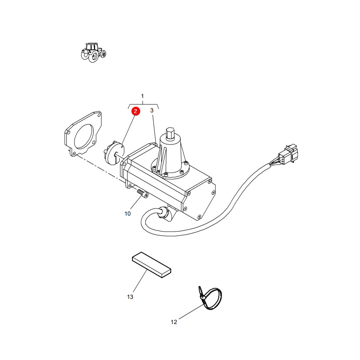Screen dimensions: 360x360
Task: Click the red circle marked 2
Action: tap(136, 111)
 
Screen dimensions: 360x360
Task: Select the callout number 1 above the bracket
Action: tap(142, 96)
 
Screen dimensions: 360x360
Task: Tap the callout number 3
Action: tap(152, 110)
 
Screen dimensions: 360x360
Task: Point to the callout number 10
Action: tap(128, 214)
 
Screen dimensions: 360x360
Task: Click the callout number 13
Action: tap(130, 297)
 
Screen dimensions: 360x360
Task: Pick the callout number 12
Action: tap(174, 322)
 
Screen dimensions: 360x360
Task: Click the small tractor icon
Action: tap(94, 52)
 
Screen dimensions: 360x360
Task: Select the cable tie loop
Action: tap(211, 298)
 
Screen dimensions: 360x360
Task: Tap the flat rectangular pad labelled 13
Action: tap(152, 265)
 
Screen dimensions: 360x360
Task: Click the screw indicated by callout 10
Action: tap(143, 193)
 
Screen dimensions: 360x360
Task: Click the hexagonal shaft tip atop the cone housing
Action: tap(170, 133)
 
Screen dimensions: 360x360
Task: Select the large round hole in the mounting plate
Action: tap(84, 136)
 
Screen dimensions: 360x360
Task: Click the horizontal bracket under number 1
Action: tap(143, 105)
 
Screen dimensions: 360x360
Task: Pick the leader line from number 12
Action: tap(191, 312)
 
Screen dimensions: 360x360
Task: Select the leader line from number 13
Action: tap(140, 281)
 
